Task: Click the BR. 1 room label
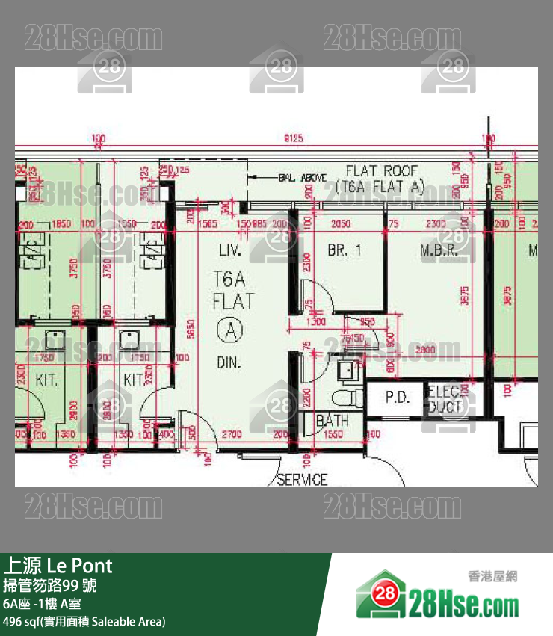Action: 345,250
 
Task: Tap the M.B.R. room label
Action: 439,250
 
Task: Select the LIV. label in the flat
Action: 228,250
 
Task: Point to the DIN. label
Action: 229,362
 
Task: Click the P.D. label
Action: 398,398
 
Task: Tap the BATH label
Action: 333,421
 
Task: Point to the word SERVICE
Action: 302,479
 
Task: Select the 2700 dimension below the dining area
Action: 232,434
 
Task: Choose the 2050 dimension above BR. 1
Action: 341,224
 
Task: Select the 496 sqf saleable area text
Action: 84,621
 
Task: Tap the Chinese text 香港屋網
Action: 492,576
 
